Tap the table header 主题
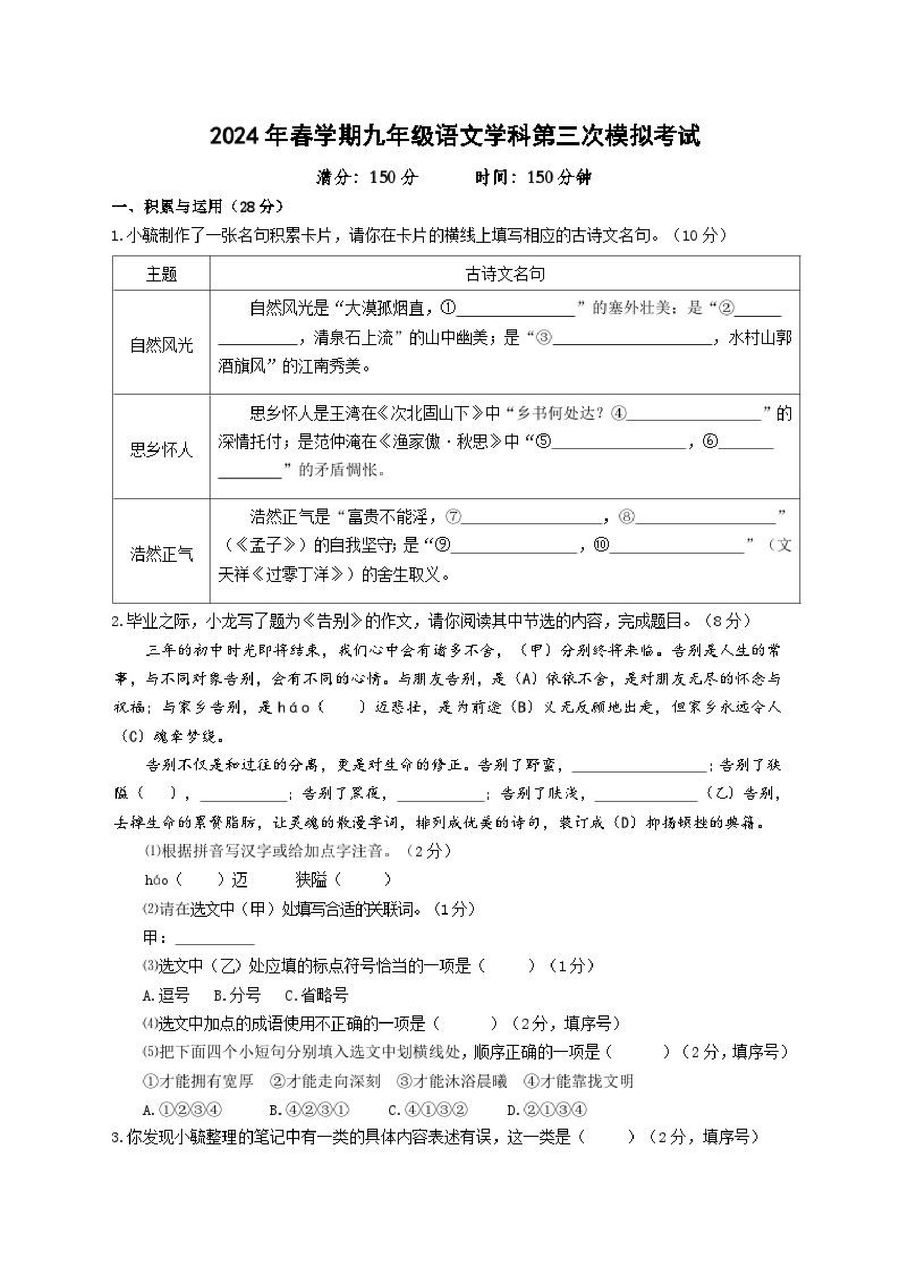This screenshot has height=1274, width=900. point(161,273)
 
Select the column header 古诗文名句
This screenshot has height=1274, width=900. point(504,273)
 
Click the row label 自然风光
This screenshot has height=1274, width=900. point(161,345)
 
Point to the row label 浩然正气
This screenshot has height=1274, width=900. point(161,553)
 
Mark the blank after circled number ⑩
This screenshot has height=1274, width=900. point(676,547)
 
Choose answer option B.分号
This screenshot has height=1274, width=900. point(237,995)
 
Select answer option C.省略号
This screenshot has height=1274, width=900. point(316,995)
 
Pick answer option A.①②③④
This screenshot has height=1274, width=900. point(182,1110)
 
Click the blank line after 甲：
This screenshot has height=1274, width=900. point(214,938)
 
